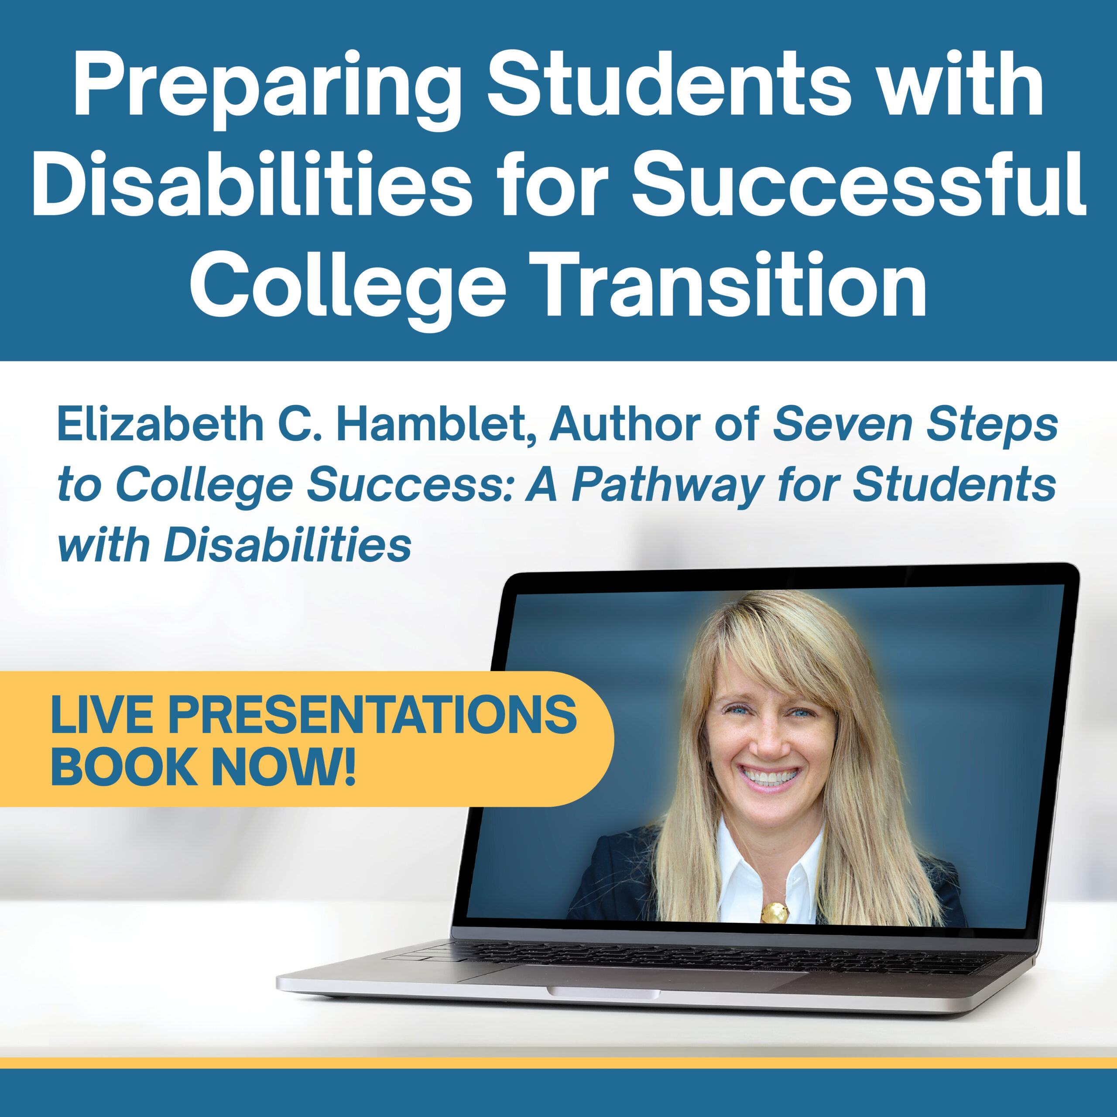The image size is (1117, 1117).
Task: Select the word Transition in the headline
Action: (x=731, y=285)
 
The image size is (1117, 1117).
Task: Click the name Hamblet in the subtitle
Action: (x=435, y=425)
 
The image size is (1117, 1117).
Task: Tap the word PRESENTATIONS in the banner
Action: (x=372, y=715)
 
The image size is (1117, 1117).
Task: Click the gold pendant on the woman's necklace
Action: (x=775, y=913)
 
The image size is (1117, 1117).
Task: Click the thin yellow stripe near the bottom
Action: (x=558, y=1062)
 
